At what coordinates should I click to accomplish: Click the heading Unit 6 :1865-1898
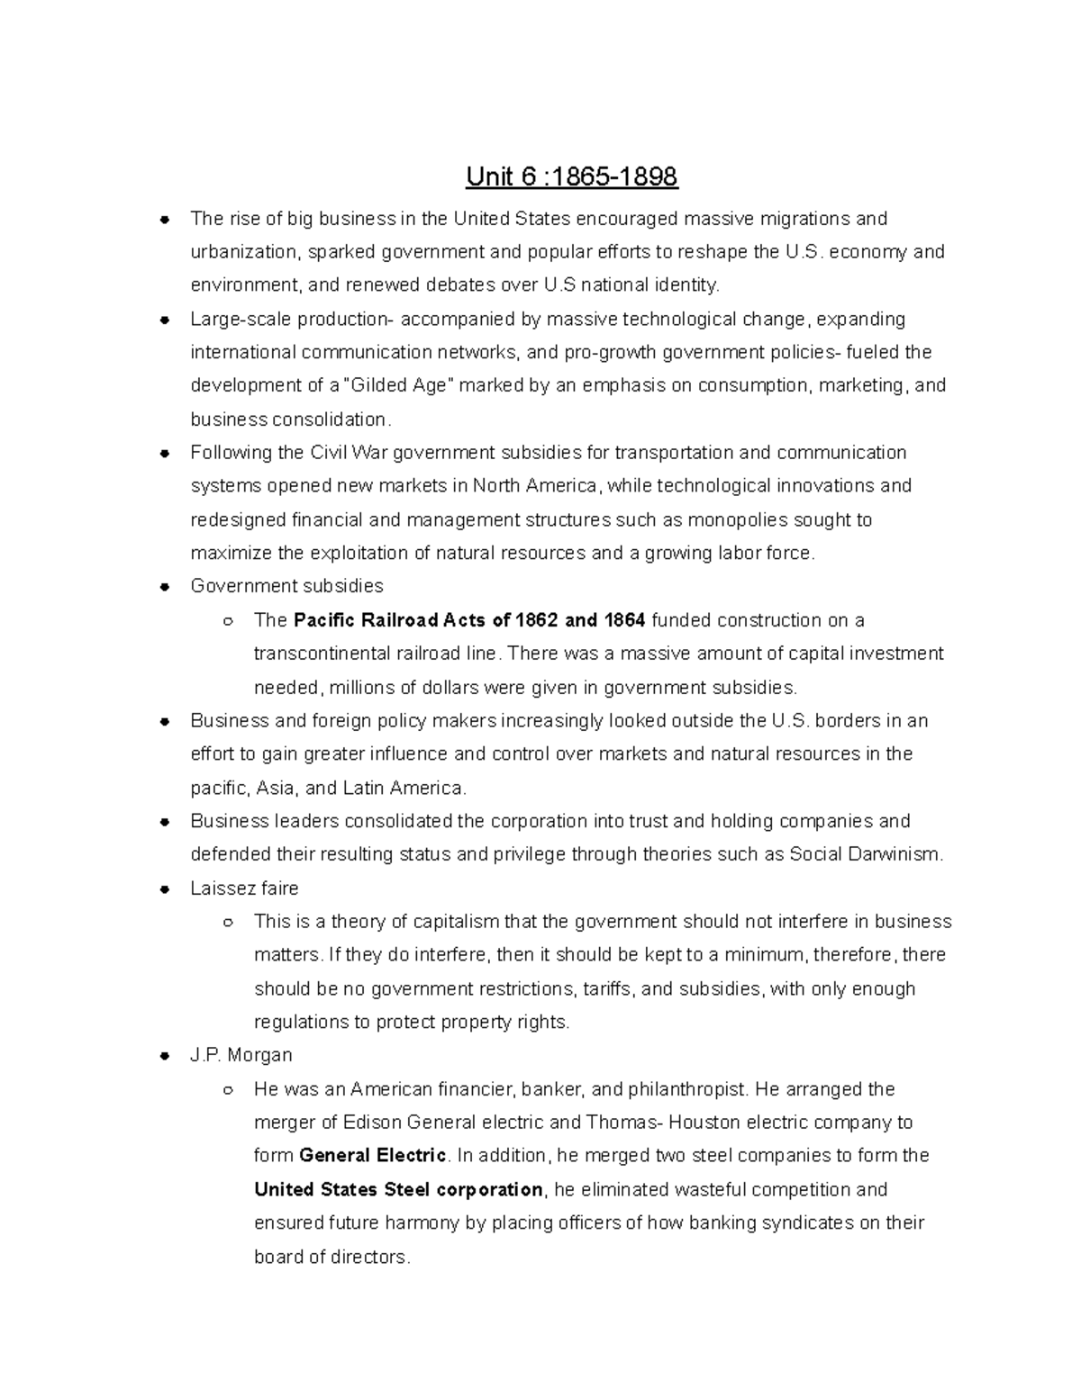[x=571, y=176]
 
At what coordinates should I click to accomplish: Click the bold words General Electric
[x=372, y=1156]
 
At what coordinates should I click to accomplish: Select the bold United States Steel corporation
[x=398, y=1190]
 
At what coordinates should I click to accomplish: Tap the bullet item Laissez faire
[x=244, y=888]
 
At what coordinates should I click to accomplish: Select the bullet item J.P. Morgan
[x=241, y=1055]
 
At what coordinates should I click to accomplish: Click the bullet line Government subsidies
[x=286, y=586]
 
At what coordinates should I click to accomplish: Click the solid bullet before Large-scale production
[x=164, y=320]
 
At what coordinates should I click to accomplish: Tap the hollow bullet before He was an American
[x=228, y=1090]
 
